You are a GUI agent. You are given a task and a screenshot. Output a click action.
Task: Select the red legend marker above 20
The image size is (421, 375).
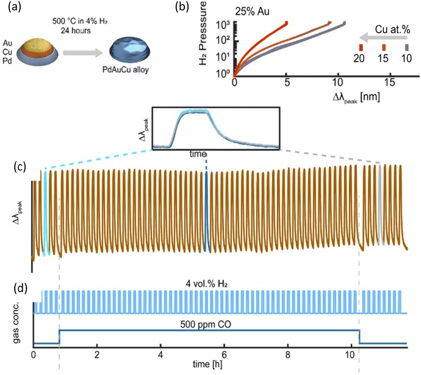[x=361, y=47]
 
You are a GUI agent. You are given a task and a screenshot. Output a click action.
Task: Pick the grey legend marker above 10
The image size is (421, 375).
[x=406, y=47]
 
